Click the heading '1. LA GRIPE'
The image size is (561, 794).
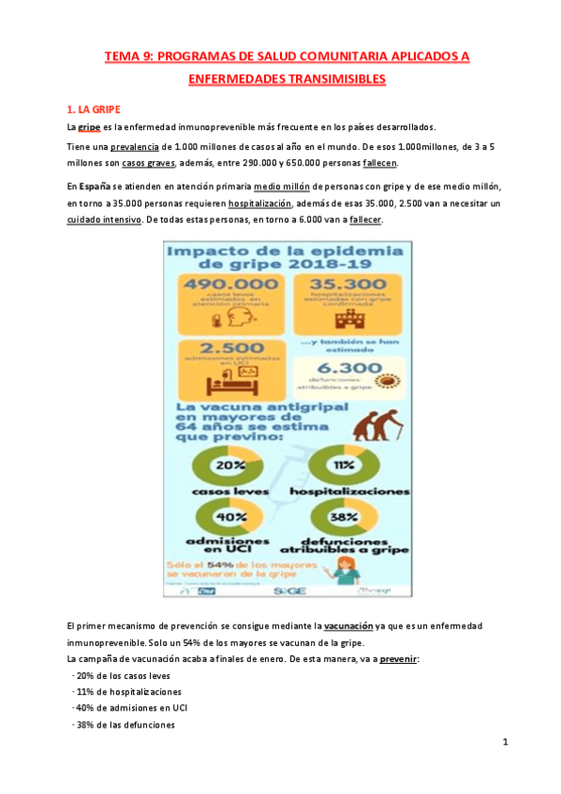94,110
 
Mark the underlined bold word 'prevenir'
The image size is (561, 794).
398,658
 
